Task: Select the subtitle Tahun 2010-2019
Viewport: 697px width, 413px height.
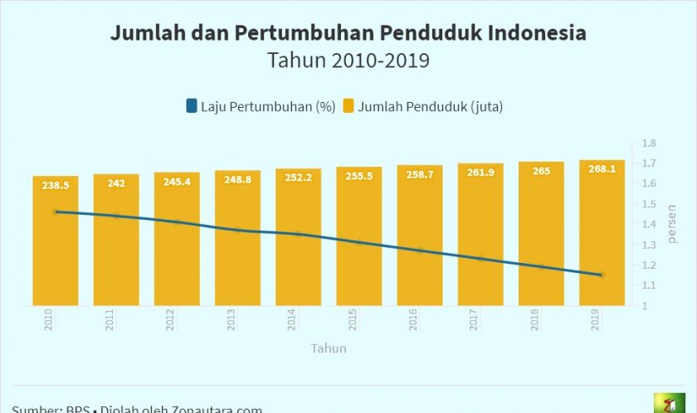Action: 348,61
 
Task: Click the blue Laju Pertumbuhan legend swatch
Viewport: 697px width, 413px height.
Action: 192,106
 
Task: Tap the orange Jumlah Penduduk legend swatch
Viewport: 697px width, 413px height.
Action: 349,106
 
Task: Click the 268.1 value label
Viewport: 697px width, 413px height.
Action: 602,169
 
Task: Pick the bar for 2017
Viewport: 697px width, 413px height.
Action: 480,249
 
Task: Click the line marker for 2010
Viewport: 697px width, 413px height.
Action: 56,211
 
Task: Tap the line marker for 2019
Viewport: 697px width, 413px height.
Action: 602,275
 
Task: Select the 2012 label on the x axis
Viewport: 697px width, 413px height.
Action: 171,320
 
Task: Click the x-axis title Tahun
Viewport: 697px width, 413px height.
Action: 329,348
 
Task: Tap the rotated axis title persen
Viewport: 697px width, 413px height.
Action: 671,224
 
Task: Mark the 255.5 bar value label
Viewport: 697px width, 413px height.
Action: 358,177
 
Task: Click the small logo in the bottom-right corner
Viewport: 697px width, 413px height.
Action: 669,403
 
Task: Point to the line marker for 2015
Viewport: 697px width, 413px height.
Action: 359,242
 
